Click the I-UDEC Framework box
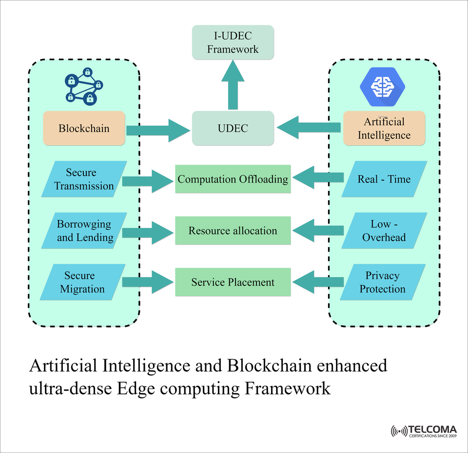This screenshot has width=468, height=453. (x=233, y=42)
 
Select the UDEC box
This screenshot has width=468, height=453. (x=233, y=128)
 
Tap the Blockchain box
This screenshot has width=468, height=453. (x=84, y=128)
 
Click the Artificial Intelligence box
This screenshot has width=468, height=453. (x=384, y=128)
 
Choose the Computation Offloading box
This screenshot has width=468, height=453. (x=233, y=179)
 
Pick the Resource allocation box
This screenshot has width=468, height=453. (x=233, y=231)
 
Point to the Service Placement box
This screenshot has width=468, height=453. (x=233, y=282)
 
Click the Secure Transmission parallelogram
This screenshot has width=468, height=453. (x=84, y=179)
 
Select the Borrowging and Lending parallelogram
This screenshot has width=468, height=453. (x=84, y=231)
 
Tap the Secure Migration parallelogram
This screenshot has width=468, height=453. (x=82, y=282)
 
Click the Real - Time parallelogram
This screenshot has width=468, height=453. (x=384, y=179)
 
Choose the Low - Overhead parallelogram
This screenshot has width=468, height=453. (x=384, y=231)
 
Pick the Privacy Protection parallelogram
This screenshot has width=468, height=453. (x=383, y=282)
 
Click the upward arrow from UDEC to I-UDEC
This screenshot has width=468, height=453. (x=233, y=85)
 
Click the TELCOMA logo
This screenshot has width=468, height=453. (x=424, y=431)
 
